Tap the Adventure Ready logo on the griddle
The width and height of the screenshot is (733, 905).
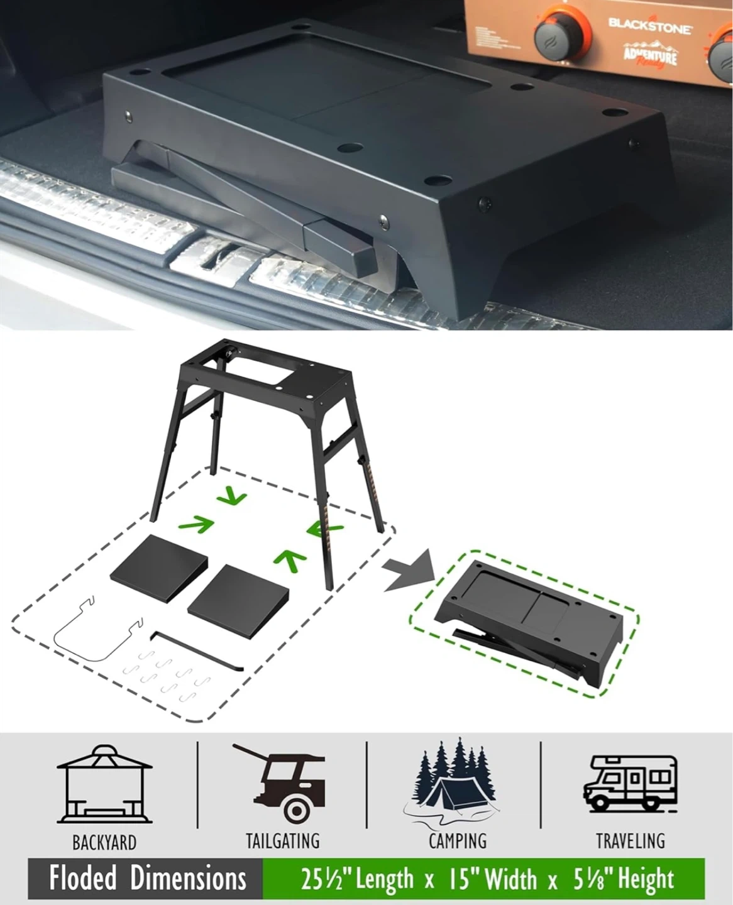coord(650,54)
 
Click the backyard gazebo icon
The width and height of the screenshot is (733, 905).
coord(104,784)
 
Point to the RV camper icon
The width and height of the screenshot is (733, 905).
coord(630,782)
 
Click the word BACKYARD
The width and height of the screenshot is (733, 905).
coord(104,843)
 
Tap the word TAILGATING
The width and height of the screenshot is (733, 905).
coord(283,842)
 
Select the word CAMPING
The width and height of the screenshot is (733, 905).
coord(458,842)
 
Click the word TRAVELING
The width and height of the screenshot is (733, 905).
coord(631,842)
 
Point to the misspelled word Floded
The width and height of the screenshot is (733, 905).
coord(82,877)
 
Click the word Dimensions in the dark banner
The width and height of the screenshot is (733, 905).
coord(188,877)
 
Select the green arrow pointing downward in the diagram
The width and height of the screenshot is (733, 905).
coord(231,496)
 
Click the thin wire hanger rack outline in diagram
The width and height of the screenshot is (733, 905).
coord(97,629)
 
